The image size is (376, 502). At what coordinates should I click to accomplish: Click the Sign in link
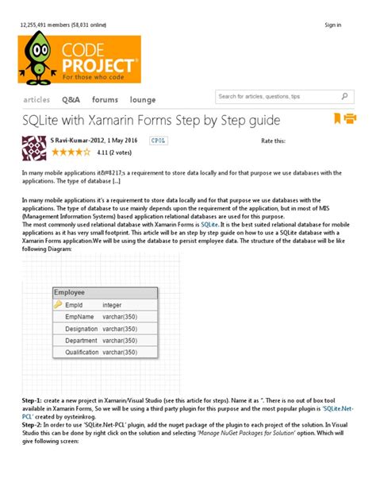(x=333, y=25)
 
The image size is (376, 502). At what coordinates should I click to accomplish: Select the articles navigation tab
(x=36, y=100)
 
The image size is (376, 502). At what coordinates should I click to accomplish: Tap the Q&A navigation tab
(x=71, y=100)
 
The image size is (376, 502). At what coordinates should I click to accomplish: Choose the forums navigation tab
(x=105, y=100)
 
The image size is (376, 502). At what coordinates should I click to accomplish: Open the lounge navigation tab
(x=143, y=100)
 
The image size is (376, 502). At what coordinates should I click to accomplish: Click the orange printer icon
(x=351, y=119)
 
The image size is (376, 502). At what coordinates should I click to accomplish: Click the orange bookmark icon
(x=337, y=119)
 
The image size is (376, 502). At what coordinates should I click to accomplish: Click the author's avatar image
(x=34, y=149)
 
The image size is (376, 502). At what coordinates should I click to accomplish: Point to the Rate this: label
(x=272, y=141)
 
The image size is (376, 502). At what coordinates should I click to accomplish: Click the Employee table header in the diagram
(x=70, y=292)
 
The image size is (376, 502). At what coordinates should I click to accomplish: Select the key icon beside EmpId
(x=58, y=304)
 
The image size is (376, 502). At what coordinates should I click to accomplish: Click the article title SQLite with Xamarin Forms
(x=151, y=120)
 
